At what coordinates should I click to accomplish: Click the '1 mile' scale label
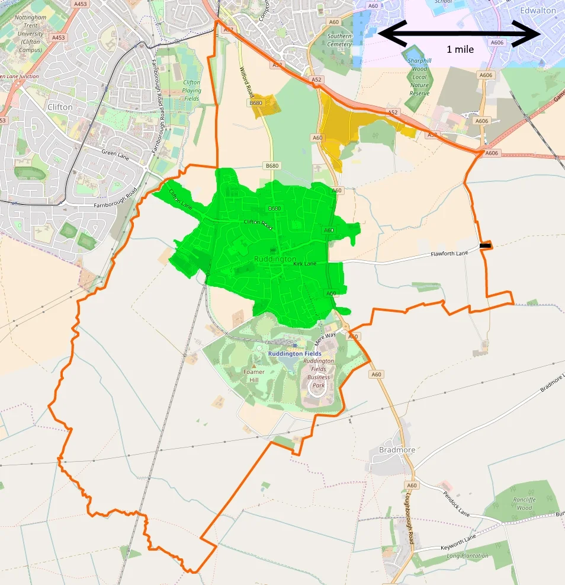click(x=460, y=50)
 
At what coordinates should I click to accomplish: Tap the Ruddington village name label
click(x=275, y=260)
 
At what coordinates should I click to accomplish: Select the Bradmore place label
click(x=397, y=450)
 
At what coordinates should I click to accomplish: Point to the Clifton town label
click(x=60, y=107)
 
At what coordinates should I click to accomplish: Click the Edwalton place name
click(x=538, y=11)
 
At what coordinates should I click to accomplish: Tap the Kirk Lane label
click(x=305, y=263)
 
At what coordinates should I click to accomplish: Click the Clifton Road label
click(x=258, y=223)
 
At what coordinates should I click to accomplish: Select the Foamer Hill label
click(x=254, y=376)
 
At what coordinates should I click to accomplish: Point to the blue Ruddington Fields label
click(x=294, y=354)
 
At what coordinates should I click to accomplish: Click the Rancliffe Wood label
click(x=524, y=504)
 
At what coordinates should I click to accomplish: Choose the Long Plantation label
click(x=468, y=556)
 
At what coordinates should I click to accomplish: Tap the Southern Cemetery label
click(x=339, y=40)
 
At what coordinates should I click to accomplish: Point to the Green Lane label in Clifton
click(x=115, y=152)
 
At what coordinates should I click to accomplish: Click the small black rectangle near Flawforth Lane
click(x=485, y=245)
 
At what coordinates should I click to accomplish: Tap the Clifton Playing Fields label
click(x=191, y=90)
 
